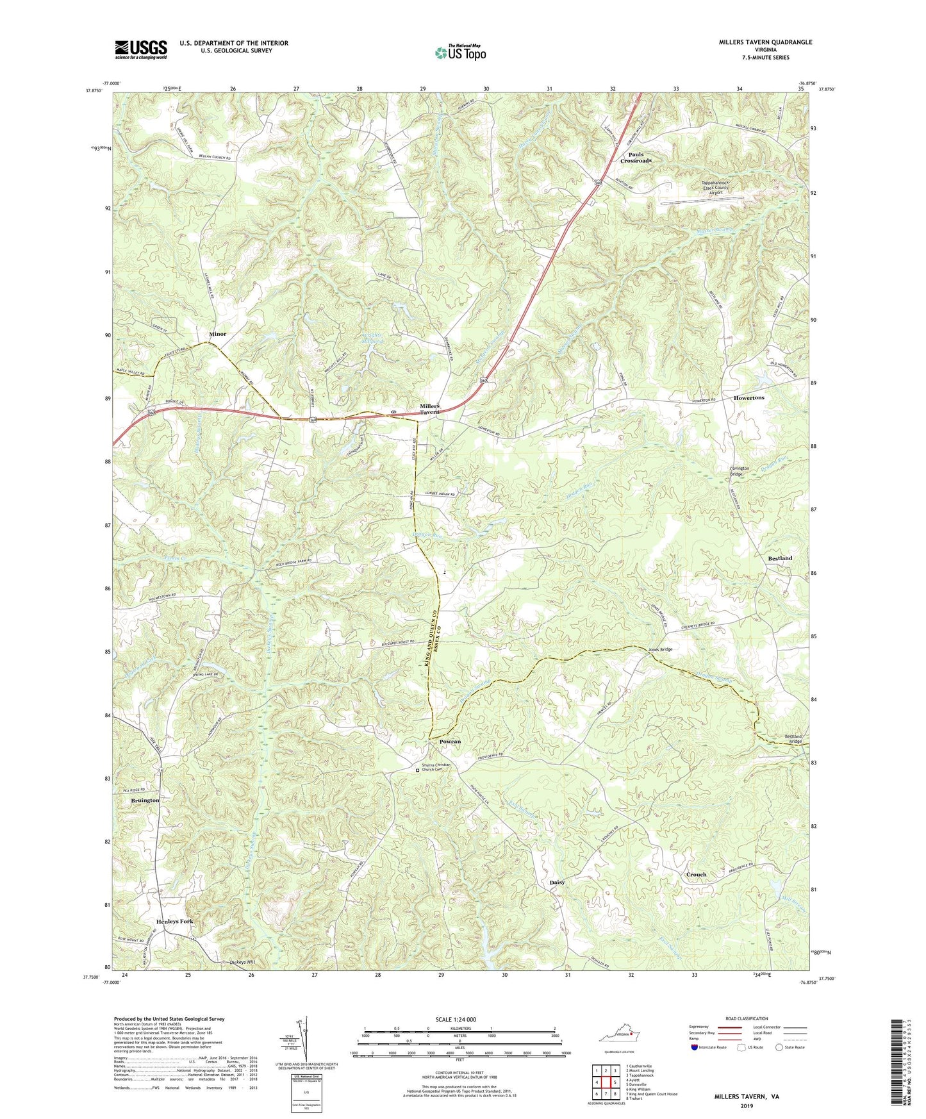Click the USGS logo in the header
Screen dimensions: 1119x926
click(x=141, y=49)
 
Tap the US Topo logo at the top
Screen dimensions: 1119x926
click(x=459, y=53)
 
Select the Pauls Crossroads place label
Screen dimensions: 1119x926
click(x=635, y=158)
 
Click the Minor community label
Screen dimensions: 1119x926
click(x=217, y=334)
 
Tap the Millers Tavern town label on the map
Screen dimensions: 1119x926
click(x=429, y=409)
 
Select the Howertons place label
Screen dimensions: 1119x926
click(x=748, y=398)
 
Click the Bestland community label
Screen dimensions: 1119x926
click(x=780, y=558)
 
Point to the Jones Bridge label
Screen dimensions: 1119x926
click(x=660, y=650)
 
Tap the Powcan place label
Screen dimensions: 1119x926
click(x=450, y=742)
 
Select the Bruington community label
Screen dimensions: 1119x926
click(x=145, y=800)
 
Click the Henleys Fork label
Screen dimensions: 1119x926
click(x=174, y=922)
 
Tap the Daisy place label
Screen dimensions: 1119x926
click(x=557, y=883)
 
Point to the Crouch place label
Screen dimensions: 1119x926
click(x=696, y=874)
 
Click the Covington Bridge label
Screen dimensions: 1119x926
click(x=740, y=471)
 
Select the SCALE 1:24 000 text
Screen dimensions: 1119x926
click(x=455, y=1020)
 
